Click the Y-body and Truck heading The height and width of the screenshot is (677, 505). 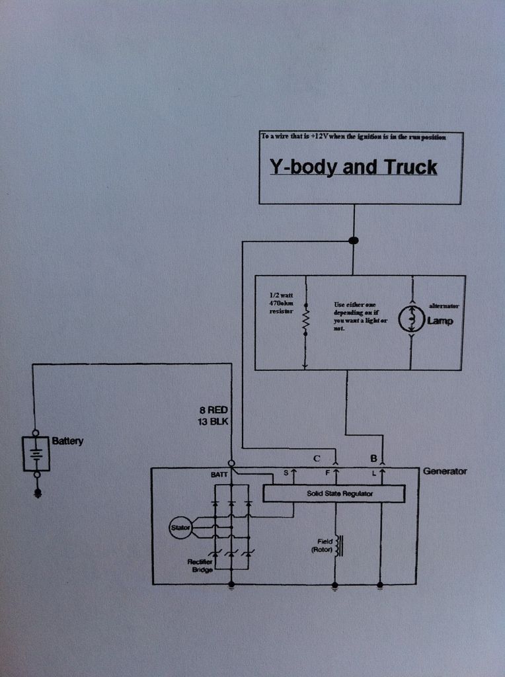[353, 167]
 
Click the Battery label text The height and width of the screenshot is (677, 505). [67, 441]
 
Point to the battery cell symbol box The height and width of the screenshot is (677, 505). [36, 454]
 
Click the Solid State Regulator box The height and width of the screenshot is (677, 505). [334, 493]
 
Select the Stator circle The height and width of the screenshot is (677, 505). [180, 527]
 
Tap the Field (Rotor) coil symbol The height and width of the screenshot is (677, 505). [339, 545]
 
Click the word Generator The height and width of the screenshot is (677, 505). [445, 471]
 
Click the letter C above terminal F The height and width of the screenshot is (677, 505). [317, 458]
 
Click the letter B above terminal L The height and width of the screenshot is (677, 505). [373, 458]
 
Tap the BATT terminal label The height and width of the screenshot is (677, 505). [219, 474]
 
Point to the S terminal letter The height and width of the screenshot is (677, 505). [286, 473]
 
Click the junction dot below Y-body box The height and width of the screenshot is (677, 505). [353, 241]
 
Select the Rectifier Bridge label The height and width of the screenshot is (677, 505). [199, 565]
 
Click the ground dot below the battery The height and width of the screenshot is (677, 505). [37, 493]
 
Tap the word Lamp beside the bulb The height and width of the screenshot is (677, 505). [440, 321]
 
